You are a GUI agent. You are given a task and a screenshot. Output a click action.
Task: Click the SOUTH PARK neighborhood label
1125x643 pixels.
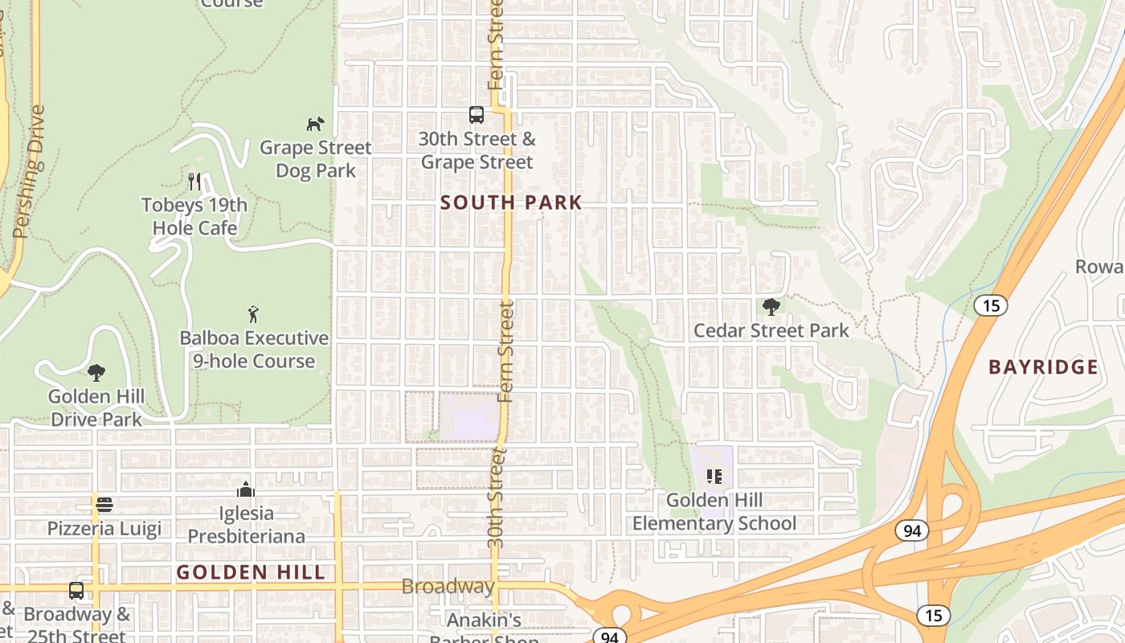(511, 203)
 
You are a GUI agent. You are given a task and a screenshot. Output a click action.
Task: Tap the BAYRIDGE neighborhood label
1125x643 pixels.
(1043, 367)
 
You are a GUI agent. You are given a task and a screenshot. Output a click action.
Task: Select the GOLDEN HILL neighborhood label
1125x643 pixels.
(251, 572)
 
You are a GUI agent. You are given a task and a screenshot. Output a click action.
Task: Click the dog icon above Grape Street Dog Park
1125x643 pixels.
(315, 124)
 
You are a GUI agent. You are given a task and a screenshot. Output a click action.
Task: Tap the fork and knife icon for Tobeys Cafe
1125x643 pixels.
(194, 181)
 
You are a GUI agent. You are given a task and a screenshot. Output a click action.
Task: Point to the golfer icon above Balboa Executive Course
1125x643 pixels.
(254, 314)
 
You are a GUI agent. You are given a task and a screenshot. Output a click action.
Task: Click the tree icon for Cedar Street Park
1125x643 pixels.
(771, 306)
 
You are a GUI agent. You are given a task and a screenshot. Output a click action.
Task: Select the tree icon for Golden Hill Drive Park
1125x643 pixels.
(96, 373)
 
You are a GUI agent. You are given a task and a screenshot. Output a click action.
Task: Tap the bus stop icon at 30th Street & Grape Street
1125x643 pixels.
(477, 115)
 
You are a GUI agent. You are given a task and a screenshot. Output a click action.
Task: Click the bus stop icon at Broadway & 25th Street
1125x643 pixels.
(76, 591)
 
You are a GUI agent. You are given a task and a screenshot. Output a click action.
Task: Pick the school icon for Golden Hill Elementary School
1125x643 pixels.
(714, 477)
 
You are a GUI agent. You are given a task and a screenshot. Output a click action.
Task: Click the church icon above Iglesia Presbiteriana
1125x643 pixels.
(246, 489)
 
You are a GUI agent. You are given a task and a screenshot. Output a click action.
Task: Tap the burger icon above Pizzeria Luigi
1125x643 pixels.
(104, 505)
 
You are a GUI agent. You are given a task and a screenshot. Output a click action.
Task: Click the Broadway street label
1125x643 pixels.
(448, 587)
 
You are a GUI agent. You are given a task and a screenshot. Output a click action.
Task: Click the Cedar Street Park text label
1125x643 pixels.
(771, 330)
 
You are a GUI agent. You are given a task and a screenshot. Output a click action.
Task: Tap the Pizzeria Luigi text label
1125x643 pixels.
(104, 529)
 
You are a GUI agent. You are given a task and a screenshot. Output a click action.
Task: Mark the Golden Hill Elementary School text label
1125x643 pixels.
(714, 512)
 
